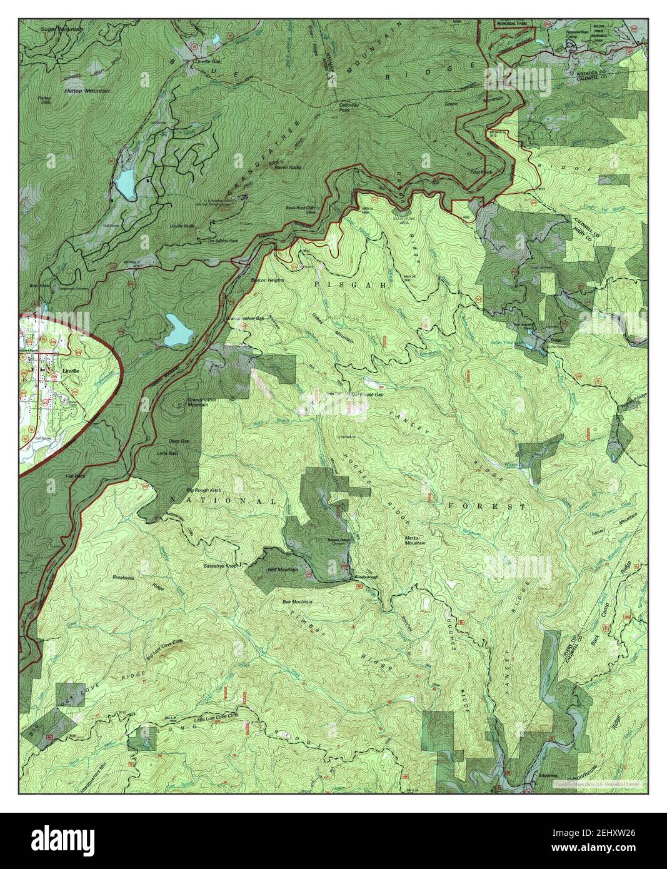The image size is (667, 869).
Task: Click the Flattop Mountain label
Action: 86,91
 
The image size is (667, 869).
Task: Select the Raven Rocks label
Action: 288,168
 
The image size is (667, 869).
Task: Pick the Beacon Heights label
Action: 268,280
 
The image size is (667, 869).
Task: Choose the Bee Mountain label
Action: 298,601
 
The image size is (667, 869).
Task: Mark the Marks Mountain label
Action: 414,540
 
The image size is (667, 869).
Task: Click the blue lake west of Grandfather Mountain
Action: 126,183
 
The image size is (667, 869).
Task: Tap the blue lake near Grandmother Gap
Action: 178,330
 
